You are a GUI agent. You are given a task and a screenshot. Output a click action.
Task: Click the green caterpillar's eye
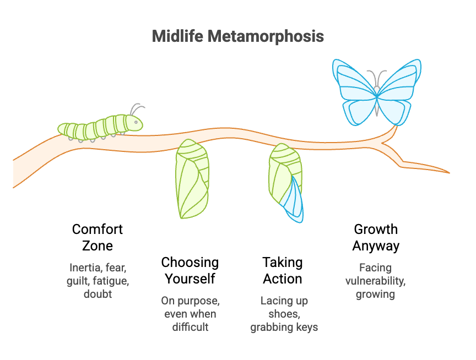136,122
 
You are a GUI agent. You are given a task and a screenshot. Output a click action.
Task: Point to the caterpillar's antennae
137,108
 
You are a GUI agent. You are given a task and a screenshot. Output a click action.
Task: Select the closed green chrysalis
192,178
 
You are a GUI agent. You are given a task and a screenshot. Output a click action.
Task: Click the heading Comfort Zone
98,237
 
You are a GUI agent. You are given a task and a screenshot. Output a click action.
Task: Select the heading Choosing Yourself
190,270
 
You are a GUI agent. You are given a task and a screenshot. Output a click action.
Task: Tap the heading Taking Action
282,270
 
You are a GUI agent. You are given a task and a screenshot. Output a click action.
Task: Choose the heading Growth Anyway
376,237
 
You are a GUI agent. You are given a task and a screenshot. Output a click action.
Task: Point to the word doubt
98,294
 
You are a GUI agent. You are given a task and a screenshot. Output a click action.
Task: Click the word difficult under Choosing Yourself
190,327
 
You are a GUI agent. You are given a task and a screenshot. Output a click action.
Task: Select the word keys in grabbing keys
307,327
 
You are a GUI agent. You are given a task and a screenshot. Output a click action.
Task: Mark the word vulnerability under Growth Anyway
375,281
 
